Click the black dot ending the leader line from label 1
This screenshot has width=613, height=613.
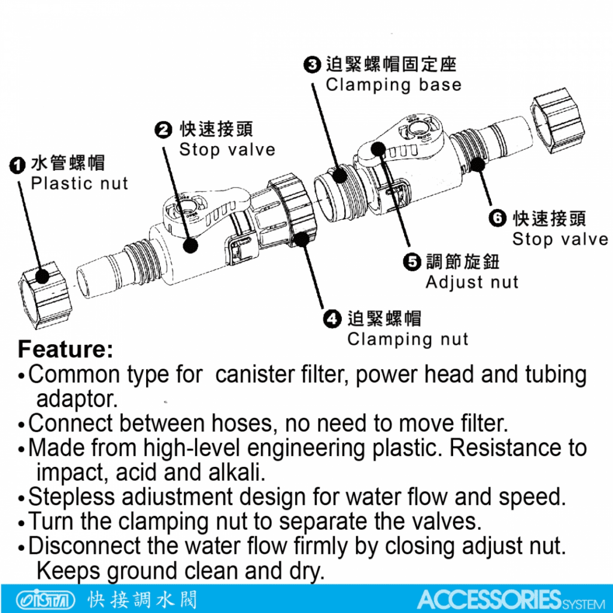(43, 277)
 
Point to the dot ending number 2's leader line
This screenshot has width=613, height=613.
(190, 245)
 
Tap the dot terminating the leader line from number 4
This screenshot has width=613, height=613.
(302, 238)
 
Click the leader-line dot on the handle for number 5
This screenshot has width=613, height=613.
(378, 148)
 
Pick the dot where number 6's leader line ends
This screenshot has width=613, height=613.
(477, 164)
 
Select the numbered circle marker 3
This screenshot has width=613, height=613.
(312, 65)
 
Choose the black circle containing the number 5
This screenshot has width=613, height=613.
(412, 262)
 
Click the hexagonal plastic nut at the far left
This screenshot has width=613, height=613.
(44, 295)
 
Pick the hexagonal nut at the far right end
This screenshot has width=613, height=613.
(558, 120)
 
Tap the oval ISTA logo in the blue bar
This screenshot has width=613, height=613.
(45, 599)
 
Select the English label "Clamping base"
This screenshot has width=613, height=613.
(394, 85)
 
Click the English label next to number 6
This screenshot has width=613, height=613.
(560, 239)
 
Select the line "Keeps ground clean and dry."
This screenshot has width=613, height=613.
(181, 571)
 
